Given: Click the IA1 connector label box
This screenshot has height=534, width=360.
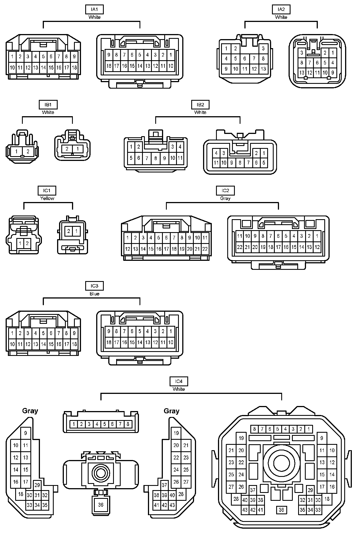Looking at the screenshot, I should point(94,10).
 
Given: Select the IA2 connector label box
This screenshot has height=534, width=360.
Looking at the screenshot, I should point(281,10).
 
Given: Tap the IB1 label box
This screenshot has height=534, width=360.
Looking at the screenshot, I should point(48,105).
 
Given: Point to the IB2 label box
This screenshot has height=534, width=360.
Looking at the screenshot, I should point(200,105).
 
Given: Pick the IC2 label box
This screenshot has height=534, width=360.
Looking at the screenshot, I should point(225,191).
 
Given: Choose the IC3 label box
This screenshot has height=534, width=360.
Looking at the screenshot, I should point(94,286).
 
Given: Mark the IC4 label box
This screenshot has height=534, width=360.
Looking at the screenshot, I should point(179,382).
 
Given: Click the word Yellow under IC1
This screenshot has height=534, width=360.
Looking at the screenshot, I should point(47,198).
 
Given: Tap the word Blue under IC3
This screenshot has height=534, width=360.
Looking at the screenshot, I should point(94,294).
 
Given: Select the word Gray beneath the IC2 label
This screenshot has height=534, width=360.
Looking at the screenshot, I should point(225,198).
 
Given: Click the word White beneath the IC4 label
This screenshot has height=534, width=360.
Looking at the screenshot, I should point(179,389).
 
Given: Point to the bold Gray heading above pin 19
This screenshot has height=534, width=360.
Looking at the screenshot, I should point(172,411).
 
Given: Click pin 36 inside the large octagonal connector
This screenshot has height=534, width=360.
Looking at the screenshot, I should point(281,510).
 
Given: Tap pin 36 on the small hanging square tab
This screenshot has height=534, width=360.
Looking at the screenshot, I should point(101,505).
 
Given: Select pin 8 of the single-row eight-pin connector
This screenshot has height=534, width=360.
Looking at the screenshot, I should point(128,424).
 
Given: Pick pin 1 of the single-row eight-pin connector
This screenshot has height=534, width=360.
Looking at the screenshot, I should point(74,424).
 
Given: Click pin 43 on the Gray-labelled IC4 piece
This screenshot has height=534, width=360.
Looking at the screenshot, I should point(172,505).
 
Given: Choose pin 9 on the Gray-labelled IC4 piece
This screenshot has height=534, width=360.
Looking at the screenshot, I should point(26,433).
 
